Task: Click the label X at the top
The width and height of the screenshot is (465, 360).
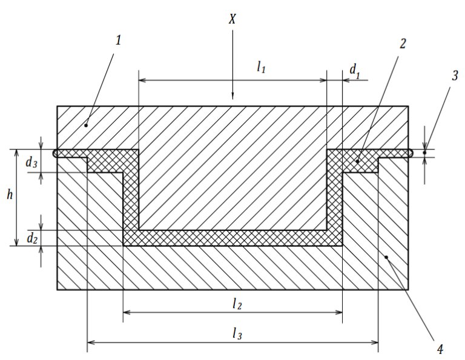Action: coord(232,19)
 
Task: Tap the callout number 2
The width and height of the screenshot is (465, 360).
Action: coord(403,43)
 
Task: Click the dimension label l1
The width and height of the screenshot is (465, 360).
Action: coord(261,68)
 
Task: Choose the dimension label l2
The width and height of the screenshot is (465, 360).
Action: coord(237,304)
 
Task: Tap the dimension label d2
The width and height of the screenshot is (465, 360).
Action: coord(31,239)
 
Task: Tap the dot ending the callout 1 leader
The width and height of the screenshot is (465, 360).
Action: coord(86,124)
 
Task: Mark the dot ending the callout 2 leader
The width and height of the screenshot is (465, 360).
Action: coord(358,161)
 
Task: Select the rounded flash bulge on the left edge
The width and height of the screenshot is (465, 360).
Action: coord(56,154)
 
